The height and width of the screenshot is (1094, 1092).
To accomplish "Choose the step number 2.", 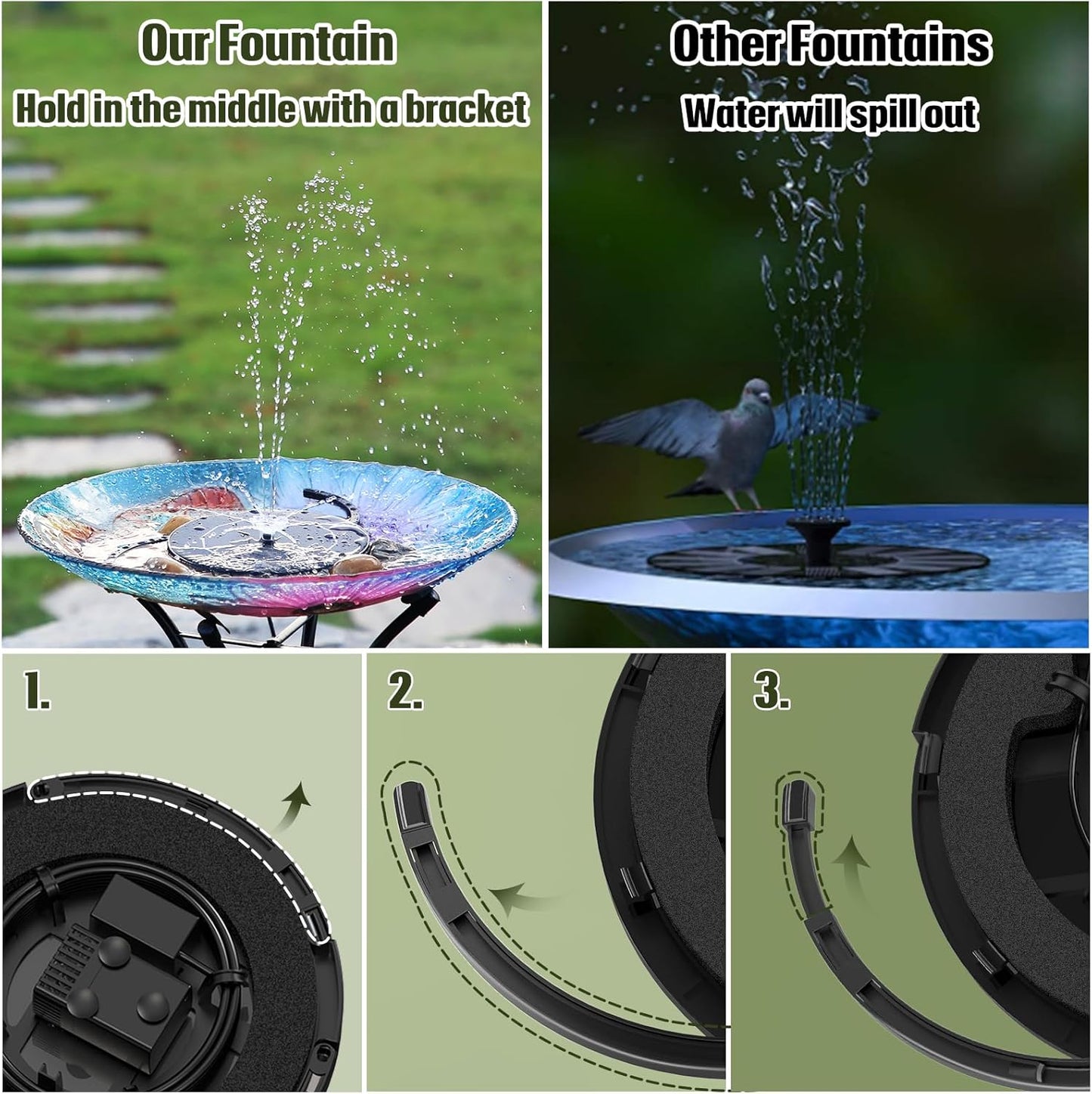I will pyautogui.click(x=404, y=691).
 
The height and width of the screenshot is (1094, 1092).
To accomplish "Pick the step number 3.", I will pyautogui.click(x=771, y=691).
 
